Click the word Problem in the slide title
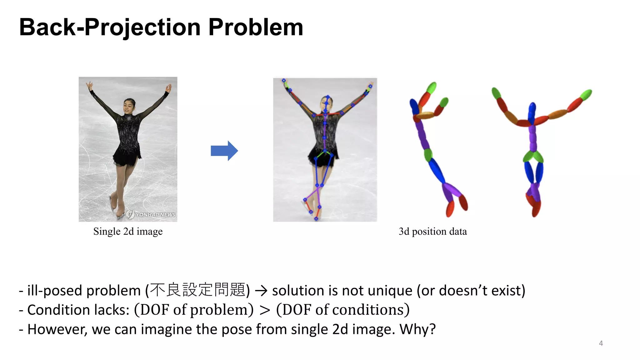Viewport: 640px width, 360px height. click(256, 27)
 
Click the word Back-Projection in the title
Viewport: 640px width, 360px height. click(110, 27)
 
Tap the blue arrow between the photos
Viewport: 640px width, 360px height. click(224, 151)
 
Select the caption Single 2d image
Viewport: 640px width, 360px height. click(128, 232)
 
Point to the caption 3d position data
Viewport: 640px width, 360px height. click(432, 232)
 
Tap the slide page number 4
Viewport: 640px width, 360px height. click(601, 343)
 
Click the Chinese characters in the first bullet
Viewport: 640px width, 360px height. click(197, 290)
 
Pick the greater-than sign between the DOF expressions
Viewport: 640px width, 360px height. click(265, 310)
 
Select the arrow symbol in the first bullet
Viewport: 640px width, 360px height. click(261, 291)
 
